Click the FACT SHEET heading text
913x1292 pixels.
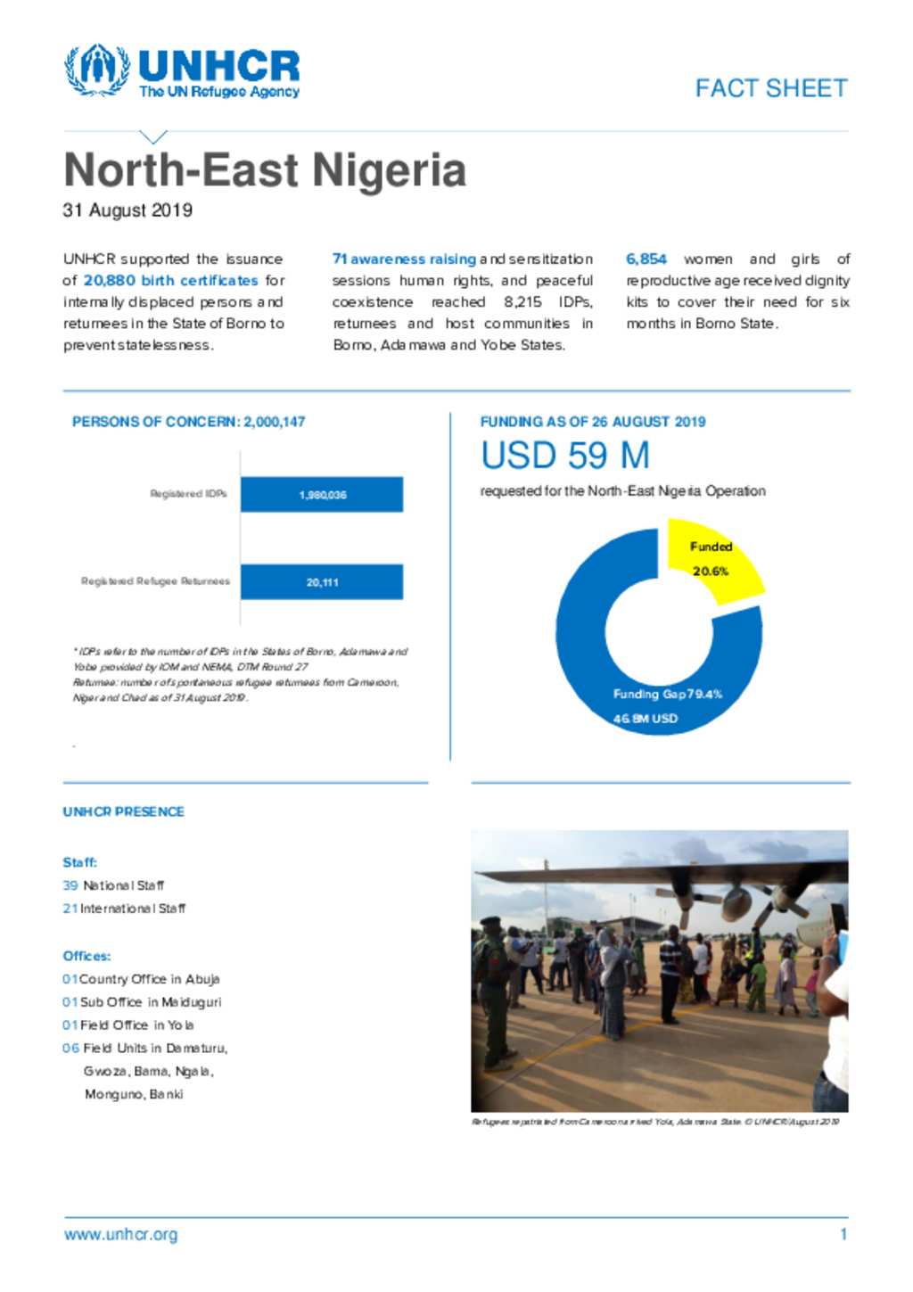pos(771,88)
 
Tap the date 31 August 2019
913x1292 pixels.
pos(127,210)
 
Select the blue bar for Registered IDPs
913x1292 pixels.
pos(322,494)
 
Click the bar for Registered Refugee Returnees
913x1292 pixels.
pos(322,581)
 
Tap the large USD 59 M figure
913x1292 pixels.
pos(565,456)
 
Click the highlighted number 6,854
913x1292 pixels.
pos(646,259)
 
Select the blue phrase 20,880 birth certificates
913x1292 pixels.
pos(170,280)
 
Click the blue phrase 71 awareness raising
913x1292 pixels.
pos(404,259)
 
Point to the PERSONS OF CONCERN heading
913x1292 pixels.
pos(188,422)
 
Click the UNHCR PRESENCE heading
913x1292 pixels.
pos(123,811)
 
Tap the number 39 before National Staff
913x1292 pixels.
pos(70,885)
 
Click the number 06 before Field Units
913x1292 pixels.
pos(70,1048)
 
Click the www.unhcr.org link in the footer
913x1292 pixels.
pos(120,1235)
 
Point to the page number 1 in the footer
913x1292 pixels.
pos(843,1235)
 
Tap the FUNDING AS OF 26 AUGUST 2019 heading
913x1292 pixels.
pos(593,422)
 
